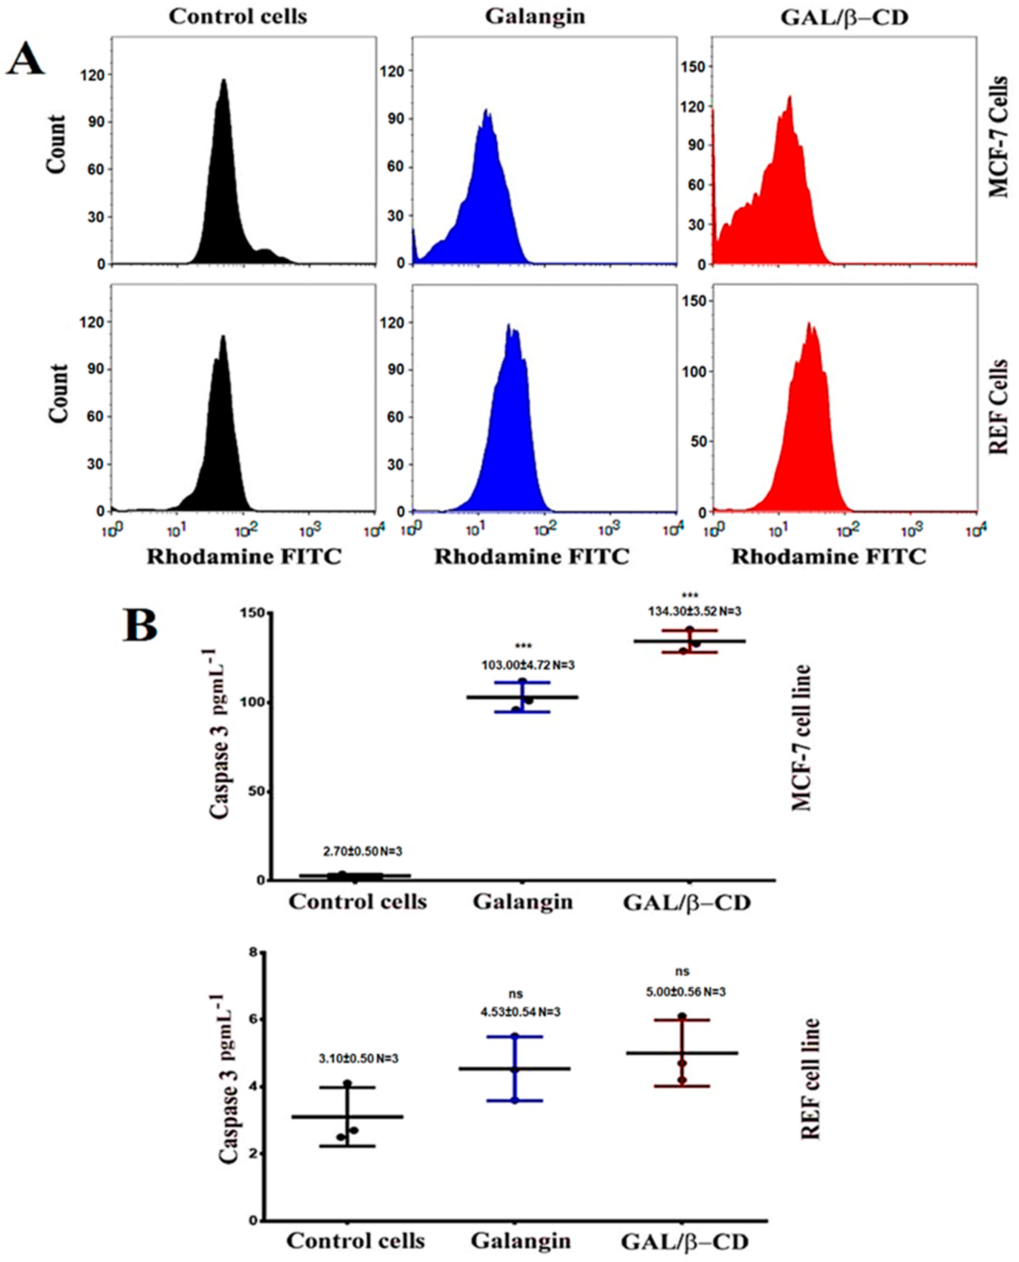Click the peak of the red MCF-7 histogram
790,97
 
